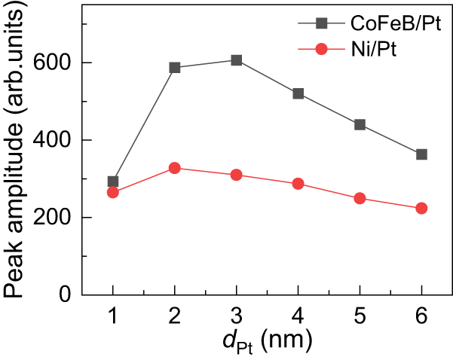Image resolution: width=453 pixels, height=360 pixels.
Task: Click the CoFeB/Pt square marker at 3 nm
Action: click(x=237, y=60)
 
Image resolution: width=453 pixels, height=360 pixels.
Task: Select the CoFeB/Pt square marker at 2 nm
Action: click(x=175, y=68)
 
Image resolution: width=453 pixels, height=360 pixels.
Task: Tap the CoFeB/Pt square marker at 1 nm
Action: click(x=113, y=182)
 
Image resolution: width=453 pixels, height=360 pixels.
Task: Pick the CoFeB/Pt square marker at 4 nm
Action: click(x=298, y=94)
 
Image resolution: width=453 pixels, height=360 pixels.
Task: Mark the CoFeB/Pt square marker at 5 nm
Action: click(x=360, y=124)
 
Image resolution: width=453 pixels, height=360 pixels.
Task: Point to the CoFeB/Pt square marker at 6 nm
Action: click(x=421, y=154)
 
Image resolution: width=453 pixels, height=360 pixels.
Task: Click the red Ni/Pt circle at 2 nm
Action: click(x=175, y=168)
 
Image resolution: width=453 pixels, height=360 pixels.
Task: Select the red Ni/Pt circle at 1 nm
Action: click(x=113, y=193)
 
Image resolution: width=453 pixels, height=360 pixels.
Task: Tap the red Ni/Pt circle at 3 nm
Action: click(x=237, y=175)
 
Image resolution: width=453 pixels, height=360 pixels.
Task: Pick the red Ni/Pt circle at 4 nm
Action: click(x=298, y=184)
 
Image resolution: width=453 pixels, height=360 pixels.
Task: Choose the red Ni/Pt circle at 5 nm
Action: click(x=360, y=198)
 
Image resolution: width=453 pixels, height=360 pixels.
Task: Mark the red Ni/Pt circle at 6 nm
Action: click(x=421, y=209)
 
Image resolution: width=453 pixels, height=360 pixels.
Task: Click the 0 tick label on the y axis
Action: click(x=66, y=294)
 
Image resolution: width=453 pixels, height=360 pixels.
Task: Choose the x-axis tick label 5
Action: click(x=360, y=317)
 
